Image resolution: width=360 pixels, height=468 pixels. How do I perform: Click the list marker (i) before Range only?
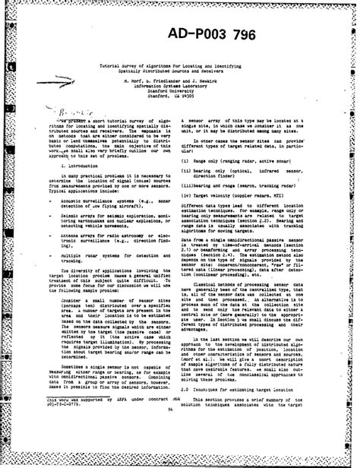[185, 161]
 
